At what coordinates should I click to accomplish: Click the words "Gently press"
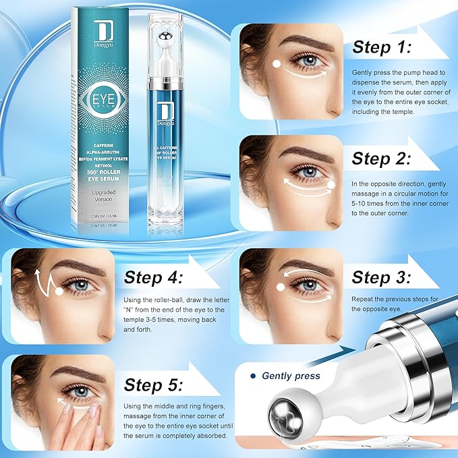291,376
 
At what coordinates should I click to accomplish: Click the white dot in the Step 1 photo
277,65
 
